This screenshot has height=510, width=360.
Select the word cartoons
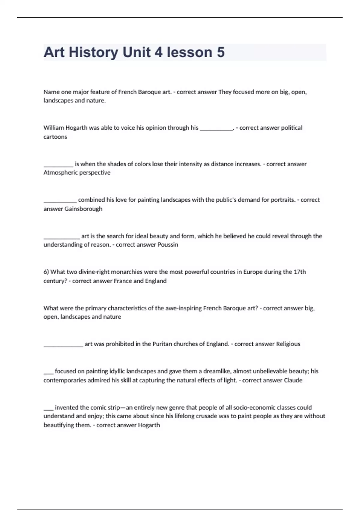pos(55,137)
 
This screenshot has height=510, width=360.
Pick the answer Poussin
pos(168,245)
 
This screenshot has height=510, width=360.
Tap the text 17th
pos(300,272)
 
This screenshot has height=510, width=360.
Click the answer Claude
pos(293,380)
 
